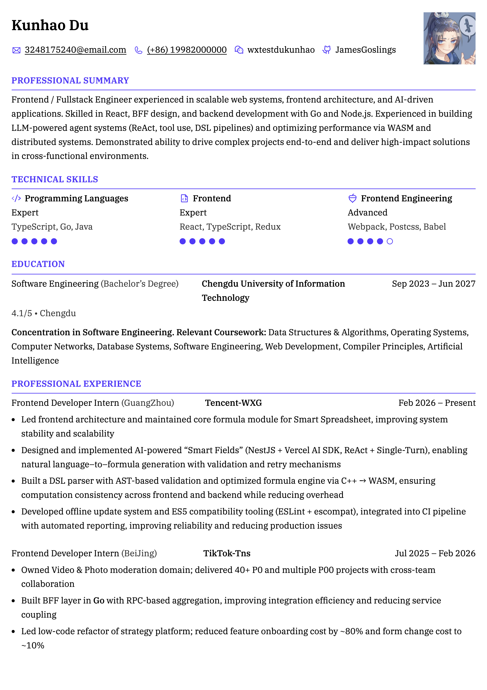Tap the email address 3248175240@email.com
(75, 50)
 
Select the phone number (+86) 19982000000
(187, 50)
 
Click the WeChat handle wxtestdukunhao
(281, 50)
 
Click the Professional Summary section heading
(70, 81)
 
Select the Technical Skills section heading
(55, 179)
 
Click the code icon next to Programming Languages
(16, 198)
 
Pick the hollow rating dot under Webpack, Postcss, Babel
(390, 241)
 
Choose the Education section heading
(38, 264)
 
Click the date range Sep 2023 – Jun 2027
(433, 284)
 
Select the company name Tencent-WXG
(233, 403)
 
